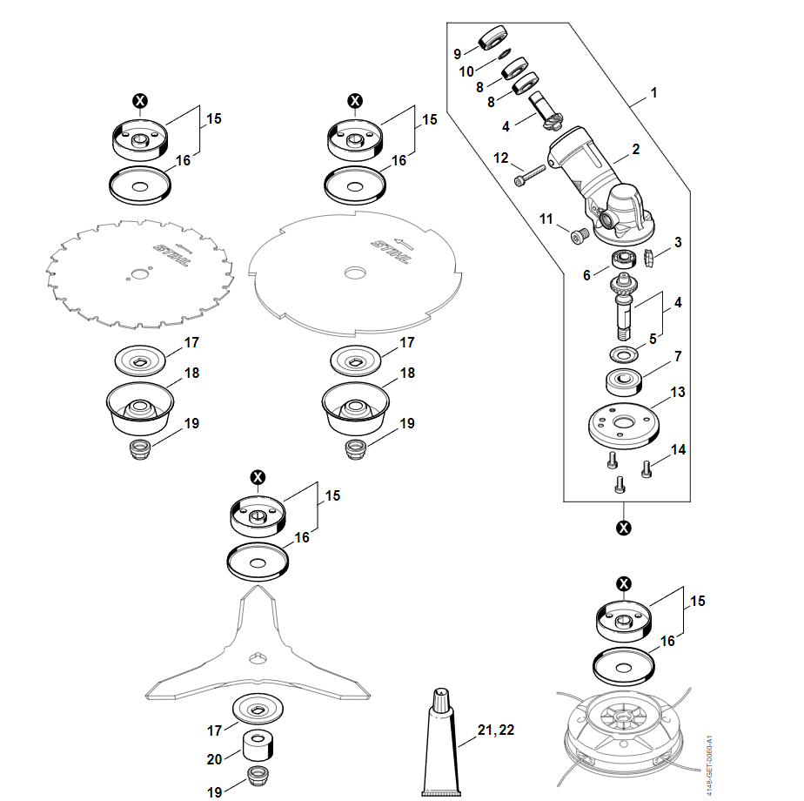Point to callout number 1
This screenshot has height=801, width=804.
(653, 91)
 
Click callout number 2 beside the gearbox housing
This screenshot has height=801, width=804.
(636, 150)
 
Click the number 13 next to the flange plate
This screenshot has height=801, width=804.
(678, 393)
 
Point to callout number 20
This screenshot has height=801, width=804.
(214, 759)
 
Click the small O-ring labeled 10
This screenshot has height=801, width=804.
(504, 54)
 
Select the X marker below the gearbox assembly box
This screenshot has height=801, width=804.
(623, 528)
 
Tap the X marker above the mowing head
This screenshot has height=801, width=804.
(623, 583)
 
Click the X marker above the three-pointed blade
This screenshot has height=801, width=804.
(258, 477)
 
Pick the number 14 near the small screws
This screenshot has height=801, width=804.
(678, 449)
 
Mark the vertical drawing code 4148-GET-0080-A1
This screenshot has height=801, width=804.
(709, 765)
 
